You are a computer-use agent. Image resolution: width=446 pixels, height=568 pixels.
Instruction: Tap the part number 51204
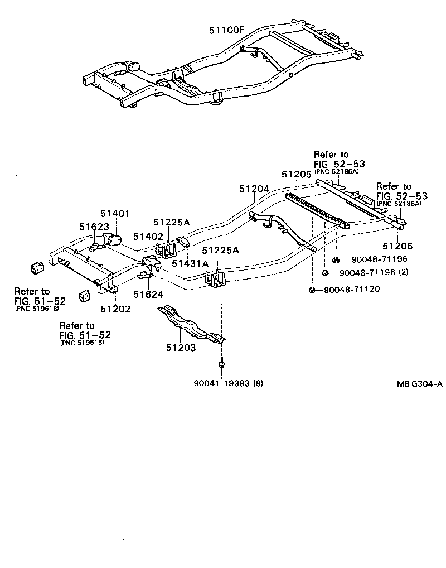(255, 189)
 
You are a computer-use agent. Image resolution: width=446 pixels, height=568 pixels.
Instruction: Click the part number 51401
(115, 214)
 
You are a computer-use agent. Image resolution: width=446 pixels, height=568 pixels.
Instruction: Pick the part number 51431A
(190, 263)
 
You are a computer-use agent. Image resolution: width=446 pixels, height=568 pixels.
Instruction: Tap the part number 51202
(115, 309)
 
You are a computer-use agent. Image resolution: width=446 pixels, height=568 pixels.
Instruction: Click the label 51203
(181, 348)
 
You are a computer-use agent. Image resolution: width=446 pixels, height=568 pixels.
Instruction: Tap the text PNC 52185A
(337, 172)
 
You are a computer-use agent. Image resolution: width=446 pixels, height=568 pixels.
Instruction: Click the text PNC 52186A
(399, 204)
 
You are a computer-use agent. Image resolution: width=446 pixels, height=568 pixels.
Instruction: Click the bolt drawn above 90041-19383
(221, 363)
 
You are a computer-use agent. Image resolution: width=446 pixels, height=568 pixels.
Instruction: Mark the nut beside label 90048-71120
(312, 290)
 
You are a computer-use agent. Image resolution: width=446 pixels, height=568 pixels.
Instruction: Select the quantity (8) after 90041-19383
(259, 383)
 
